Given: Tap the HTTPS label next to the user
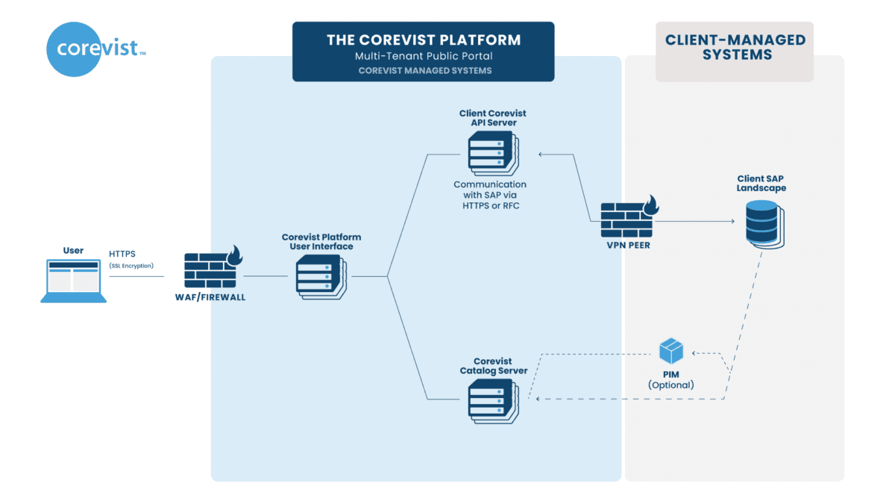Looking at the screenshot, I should coord(122,254).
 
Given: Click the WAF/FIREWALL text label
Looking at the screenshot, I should coord(215,297).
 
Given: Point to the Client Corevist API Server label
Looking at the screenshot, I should coord(493,118).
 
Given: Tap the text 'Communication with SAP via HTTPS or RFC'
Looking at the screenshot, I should coord(490,195).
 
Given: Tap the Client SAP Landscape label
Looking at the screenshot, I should coord(761,184).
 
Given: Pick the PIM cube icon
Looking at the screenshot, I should coord(671,350).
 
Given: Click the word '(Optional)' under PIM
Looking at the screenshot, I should coord(671,385).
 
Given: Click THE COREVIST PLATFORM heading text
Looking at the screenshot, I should coord(423,40).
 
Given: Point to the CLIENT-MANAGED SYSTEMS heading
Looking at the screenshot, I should coord(735,47).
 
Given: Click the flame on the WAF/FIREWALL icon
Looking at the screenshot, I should coord(236,255).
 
